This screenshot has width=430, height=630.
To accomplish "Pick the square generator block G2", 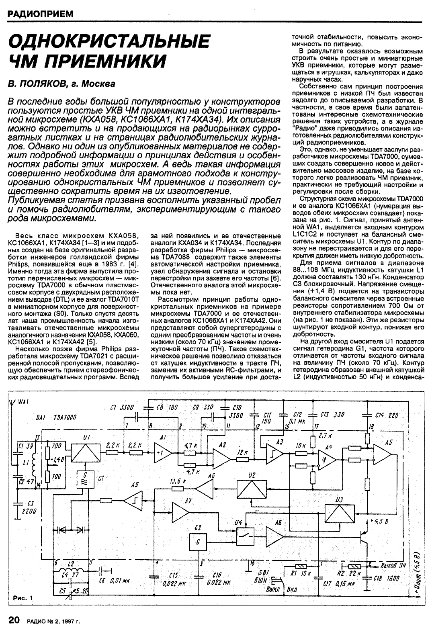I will point(198,542).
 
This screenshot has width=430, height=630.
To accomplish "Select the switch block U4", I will point(245,535).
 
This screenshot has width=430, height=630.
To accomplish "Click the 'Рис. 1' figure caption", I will point(23,598).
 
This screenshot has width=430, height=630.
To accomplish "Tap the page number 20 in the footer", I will point(14,620).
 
